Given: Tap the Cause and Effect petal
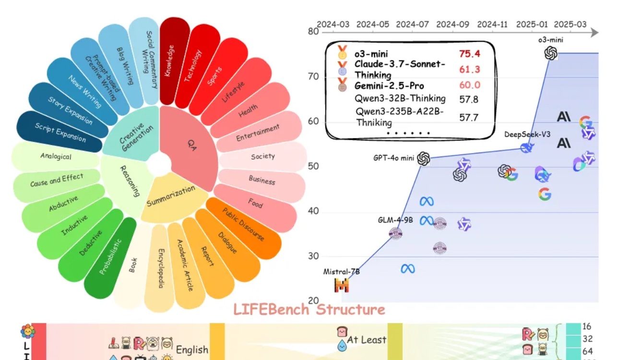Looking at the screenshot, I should [x=56, y=180].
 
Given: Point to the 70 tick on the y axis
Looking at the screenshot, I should [x=313, y=77].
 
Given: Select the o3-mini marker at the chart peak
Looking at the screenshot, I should [x=551, y=53].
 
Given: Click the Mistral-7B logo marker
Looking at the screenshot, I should [x=342, y=286].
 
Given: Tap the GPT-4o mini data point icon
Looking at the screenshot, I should [x=423, y=158].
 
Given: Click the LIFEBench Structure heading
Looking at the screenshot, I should [x=309, y=310].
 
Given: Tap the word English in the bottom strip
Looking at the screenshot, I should [x=192, y=349].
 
